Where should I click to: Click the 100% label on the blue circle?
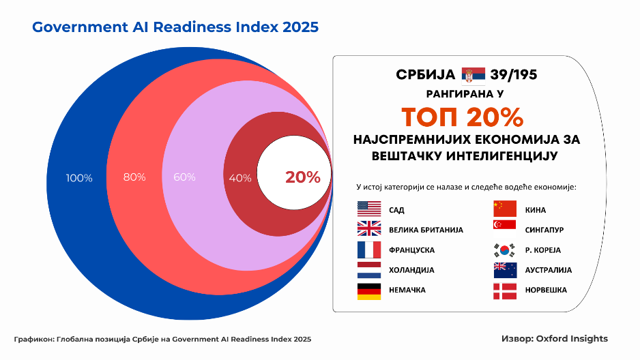pos(79,178)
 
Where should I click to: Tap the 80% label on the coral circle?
pos(134,177)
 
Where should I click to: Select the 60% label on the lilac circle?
pos(184,177)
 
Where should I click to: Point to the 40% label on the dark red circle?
pos(240,178)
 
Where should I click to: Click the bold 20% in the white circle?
pos(302,177)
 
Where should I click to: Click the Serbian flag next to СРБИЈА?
pos(474,74)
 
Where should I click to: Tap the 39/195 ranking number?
pos(518,74)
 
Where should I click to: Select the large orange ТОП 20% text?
pos(462,117)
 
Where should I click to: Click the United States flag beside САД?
pos(368,209)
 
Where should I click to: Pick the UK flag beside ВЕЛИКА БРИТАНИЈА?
pos(368,229)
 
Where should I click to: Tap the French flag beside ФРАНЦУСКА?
pos(368,250)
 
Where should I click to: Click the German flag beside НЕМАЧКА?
pos(368,290)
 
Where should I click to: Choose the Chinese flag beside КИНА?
pos(505,209)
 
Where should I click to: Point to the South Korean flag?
pos(505,250)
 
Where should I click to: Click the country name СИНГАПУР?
pos(544,230)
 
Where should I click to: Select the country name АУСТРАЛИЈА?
pos(549,270)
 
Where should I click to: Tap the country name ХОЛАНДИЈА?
pos(411,270)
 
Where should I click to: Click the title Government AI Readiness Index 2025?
pos(175,27)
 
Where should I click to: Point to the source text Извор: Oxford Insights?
pos(554,338)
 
